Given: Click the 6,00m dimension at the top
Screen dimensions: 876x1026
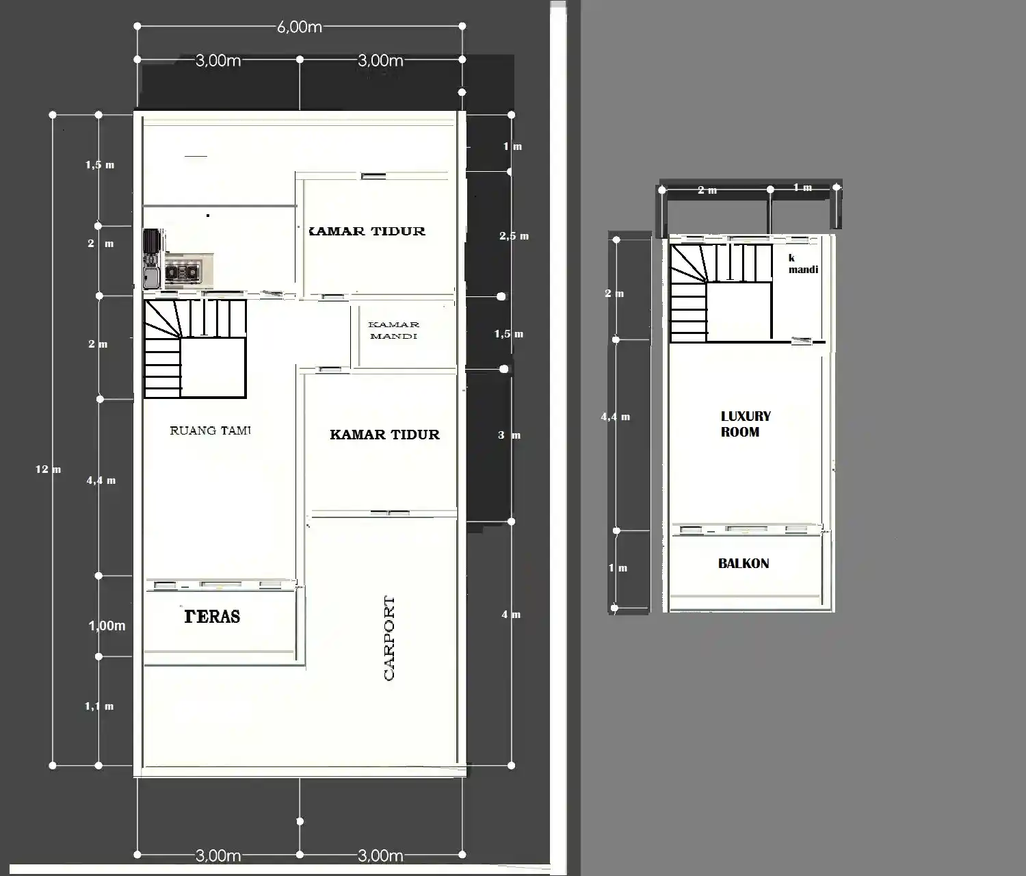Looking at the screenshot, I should (299, 27).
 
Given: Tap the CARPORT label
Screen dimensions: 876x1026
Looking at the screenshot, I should (389, 638).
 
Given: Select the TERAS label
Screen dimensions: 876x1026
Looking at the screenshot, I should (212, 617).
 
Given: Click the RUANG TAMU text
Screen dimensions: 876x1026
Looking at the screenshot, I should (210, 430).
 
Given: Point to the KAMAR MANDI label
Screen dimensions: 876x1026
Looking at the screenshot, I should (393, 330).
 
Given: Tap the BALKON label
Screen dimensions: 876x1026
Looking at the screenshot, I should (744, 563).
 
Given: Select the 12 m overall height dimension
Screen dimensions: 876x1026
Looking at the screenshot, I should (48, 469).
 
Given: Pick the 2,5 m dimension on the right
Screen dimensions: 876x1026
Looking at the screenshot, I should (514, 236).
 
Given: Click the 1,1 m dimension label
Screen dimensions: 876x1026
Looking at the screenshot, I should (99, 706).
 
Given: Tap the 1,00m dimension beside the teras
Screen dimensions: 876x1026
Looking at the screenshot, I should (107, 626).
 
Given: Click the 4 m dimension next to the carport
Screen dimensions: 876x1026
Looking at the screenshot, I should (511, 615).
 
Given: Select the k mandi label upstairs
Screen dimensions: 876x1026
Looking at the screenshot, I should (802, 263).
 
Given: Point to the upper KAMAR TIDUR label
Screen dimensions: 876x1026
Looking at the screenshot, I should (367, 231).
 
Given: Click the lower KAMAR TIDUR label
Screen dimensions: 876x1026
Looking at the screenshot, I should (384, 435).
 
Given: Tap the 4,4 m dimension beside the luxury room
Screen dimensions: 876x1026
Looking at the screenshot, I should (615, 417).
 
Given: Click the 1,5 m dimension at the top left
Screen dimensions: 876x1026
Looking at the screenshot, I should (100, 165).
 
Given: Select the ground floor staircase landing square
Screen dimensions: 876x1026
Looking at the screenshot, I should (213, 368).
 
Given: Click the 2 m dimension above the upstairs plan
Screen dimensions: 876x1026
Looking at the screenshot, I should (707, 190).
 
